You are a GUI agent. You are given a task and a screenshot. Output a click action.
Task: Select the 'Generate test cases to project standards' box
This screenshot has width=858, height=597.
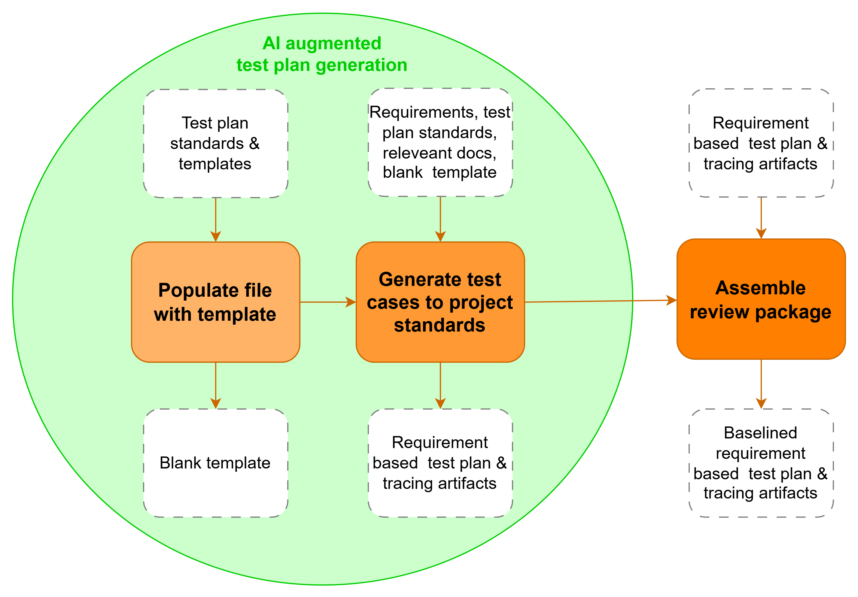440,302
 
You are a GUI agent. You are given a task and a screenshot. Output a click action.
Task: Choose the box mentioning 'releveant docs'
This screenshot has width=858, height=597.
440,142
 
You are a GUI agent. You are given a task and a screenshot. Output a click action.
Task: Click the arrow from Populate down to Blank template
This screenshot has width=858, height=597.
216,385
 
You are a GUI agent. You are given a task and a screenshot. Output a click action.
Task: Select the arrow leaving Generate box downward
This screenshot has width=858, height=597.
440,385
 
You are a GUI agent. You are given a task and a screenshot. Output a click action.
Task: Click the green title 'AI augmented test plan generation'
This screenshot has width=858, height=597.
322,54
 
